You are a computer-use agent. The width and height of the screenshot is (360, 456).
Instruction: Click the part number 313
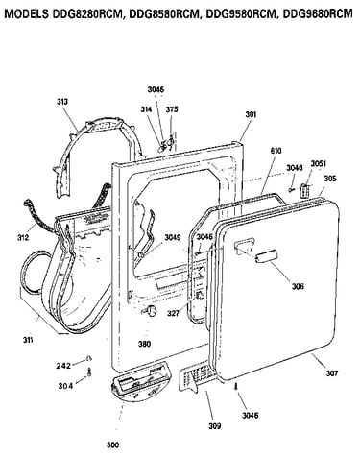pyautogui.click(x=62, y=102)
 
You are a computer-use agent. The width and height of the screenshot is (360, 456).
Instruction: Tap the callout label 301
pyautogui.click(x=251, y=114)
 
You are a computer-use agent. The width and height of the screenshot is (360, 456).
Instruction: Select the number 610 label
pyautogui.click(x=276, y=151)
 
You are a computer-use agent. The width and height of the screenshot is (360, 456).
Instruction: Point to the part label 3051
pyautogui.click(x=319, y=164)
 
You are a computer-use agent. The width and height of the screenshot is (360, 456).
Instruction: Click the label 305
pyautogui.click(x=330, y=179)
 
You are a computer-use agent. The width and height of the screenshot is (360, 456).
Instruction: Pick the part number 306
pyautogui.click(x=298, y=286)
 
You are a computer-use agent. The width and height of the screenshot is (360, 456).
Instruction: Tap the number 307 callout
pyautogui.click(x=332, y=372)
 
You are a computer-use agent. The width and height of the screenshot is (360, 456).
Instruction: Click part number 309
pyautogui.click(x=214, y=426)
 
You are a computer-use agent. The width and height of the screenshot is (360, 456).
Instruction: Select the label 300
pyautogui.click(x=112, y=444)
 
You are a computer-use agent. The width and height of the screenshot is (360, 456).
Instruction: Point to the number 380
pyautogui.click(x=144, y=344)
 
